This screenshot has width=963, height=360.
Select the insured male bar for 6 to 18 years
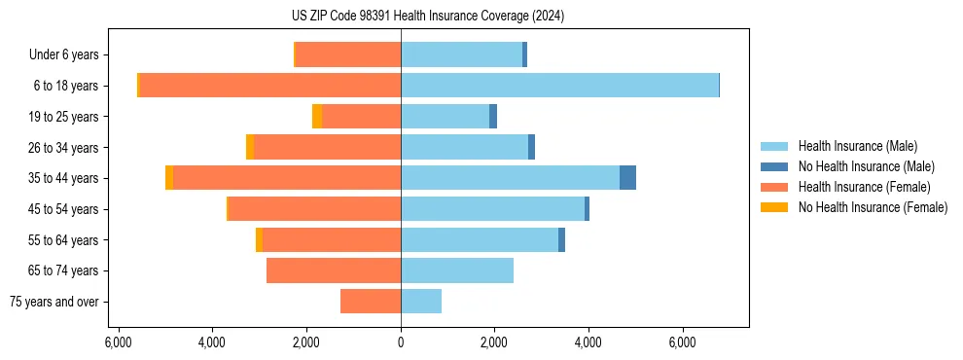click(559, 86)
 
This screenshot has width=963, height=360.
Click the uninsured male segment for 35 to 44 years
click(627, 178)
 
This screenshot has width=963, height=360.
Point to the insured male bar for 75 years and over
click(421, 302)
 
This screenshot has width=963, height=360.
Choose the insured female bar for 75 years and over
click(371, 302)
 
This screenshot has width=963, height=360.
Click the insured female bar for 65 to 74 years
click(334, 270)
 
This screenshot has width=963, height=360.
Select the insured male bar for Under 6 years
click(461, 54)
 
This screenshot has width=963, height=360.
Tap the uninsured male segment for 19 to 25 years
click(493, 117)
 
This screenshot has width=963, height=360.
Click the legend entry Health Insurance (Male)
click(857, 146)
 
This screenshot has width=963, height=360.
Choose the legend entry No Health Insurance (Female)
click(873, 207)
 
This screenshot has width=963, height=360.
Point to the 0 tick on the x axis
click(401, 343)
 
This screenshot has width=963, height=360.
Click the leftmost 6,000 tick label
click(118, 343)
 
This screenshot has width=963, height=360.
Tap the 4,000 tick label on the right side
click(588, 343)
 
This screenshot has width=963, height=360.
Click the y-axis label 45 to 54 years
click(63, 209)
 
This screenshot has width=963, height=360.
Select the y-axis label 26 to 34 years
click(63, 148)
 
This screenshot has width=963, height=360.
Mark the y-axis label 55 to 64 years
click(63, 240)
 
